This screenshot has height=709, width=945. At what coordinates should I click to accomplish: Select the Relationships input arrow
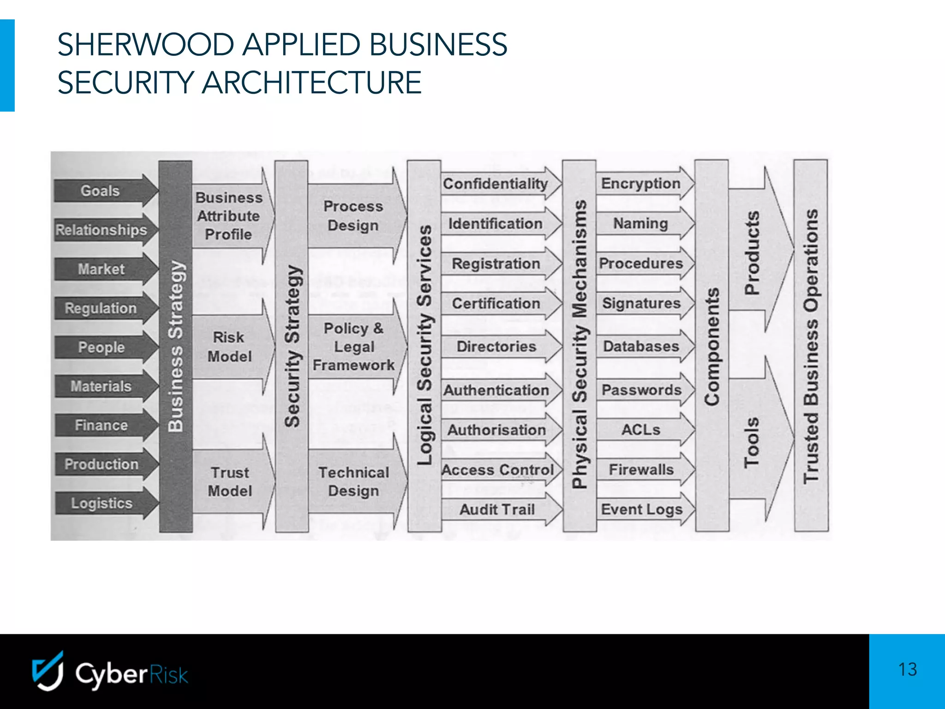click(x=102, y=229)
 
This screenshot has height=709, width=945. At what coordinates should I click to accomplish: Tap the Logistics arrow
click(x=102, y=503)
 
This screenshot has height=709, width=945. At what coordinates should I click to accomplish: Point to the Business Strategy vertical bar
click(x=175, y=346)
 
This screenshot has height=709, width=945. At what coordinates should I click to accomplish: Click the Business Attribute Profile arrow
click(x=229, y=216)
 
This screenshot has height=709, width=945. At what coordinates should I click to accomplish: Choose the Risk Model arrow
click(x=229, y=347)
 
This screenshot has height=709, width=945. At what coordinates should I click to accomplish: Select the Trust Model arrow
click(x=230, y=481)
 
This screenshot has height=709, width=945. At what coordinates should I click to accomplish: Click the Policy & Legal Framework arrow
click(x=354, y=347)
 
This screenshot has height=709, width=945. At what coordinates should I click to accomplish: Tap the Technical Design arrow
click(x=354, y=481)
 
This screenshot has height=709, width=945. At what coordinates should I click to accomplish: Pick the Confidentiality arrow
click(x=496, y=184)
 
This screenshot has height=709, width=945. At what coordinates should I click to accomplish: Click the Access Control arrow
click(x=497, y=470)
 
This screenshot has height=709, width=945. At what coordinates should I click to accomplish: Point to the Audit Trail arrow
click(x=497, y=510)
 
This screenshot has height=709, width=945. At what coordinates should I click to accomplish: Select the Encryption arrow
click(x=641, y=183)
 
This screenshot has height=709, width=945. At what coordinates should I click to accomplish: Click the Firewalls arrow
click(x=641, y=470)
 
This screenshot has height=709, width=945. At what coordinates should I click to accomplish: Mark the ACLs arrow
click(x=641, y=430)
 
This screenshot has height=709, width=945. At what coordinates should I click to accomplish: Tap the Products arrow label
click(x=752, y=252)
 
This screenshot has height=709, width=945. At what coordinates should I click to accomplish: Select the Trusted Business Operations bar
click(x=811, y=346)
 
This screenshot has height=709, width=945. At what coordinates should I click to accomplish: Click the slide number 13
click(x=907, y=669)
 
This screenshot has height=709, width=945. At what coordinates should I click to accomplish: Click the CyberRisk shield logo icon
click(x=48, y=671)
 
